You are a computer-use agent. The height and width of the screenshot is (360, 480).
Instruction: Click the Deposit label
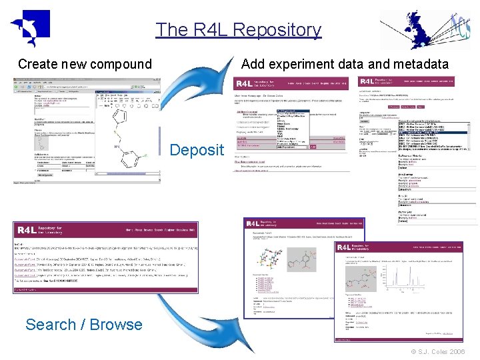click(197, 149)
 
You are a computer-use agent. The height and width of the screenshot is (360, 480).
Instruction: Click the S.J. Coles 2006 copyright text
click(438, 352)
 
